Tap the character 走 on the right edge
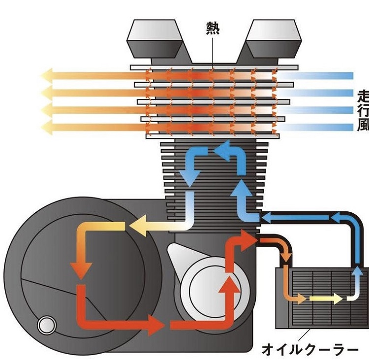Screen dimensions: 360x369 [x=363, y=95]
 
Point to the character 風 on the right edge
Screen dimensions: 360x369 [x=363, y=125]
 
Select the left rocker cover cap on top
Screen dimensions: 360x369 [x=154, y=39]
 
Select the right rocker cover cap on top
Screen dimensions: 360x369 [x=272, y=39]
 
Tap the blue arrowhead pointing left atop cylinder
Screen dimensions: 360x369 [x=224, y=149]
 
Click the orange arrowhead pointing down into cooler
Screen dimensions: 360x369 [x=286, y=257]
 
